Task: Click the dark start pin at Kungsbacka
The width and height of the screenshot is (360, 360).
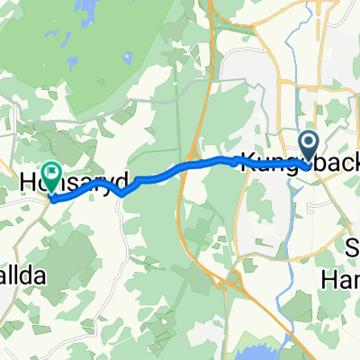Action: tap(309, 146)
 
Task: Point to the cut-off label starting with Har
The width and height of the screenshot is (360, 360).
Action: tap(341, 280)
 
